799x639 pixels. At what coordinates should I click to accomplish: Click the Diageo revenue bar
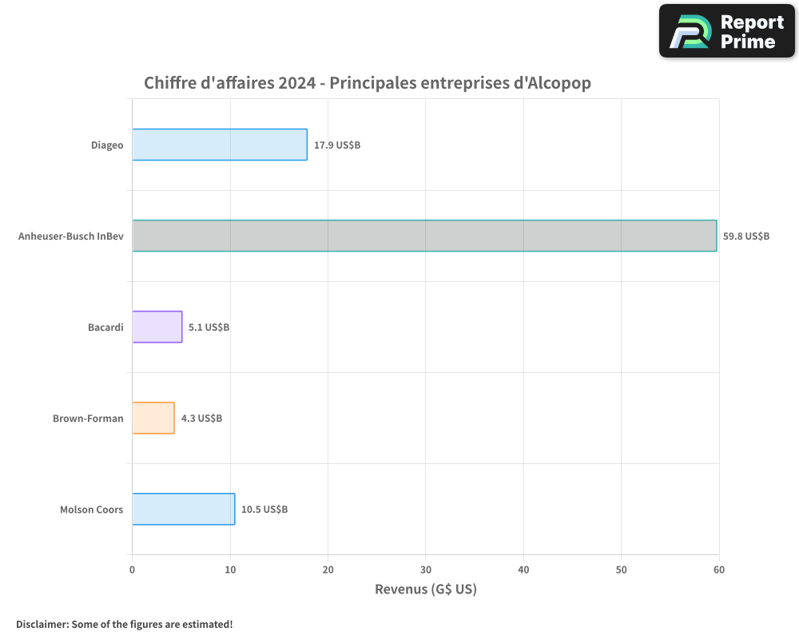pyautogui.click(x=220, y=145)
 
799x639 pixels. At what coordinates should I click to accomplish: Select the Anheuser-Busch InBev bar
pyautogui.click(x=424, y=236)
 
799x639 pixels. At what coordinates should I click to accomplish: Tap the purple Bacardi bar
pyautogui.click(x=157, y=327)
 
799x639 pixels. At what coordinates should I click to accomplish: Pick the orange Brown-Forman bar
pyautogui.click(x=153, y=418)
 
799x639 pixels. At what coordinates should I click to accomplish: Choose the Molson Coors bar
pyautogui.click(x=184, y=509)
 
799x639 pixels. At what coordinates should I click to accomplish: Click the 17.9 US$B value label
pyautogui.click(x=337, y=145)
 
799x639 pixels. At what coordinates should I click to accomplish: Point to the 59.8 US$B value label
pyautogui.click(x=746, y=236)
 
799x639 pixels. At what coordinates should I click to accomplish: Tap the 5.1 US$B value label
pyautogui.click(x=209, y=327)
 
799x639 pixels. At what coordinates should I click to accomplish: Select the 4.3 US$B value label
pyautogui.click(x=201, y=419)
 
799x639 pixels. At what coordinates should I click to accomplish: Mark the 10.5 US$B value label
pyautogui.click(x=264, y=510)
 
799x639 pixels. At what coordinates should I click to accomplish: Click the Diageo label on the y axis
pyautogui.click(x=107, y=145)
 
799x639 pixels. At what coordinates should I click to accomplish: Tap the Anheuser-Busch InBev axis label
pyautogui.click(x=71, y=236)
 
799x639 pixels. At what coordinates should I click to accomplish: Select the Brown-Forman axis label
pyautogui.click(x=88, y=419)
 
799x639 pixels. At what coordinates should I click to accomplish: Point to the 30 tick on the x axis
pyautogui.click(x=425, y=570)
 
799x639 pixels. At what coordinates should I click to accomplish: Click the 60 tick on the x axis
pyautogui.click(x=718, y=570)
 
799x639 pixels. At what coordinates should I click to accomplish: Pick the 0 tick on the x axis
pyautogui.click(x=132, y=570)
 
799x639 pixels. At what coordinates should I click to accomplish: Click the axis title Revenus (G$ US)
pyautogui.click(x=425, y=589)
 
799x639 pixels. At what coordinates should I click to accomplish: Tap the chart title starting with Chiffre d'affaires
pyautogui.click(x=368, y=83)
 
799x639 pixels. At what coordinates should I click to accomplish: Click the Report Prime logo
pyautogui.click(x=726, y=31)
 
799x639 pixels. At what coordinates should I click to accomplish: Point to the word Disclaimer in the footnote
pyautogui.click(x=41, y=624)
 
